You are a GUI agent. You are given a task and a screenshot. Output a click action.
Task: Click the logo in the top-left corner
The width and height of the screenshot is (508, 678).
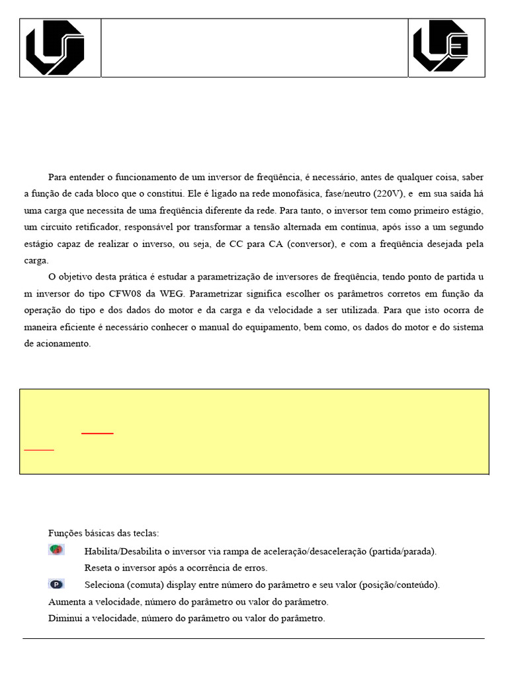(x=55, y=48)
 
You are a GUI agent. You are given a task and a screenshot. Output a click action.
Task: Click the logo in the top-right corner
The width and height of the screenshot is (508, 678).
(x=440, y=47)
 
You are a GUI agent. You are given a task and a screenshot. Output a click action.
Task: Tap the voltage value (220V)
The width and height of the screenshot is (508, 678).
(x=387, y=194)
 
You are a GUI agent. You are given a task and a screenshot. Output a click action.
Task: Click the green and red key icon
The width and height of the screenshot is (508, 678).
(x=56, y=550)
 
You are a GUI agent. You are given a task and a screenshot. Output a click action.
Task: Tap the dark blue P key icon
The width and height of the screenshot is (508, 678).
(x=56, y=584)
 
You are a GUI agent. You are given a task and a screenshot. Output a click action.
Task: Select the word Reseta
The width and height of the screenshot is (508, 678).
(x=99, y=567)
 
